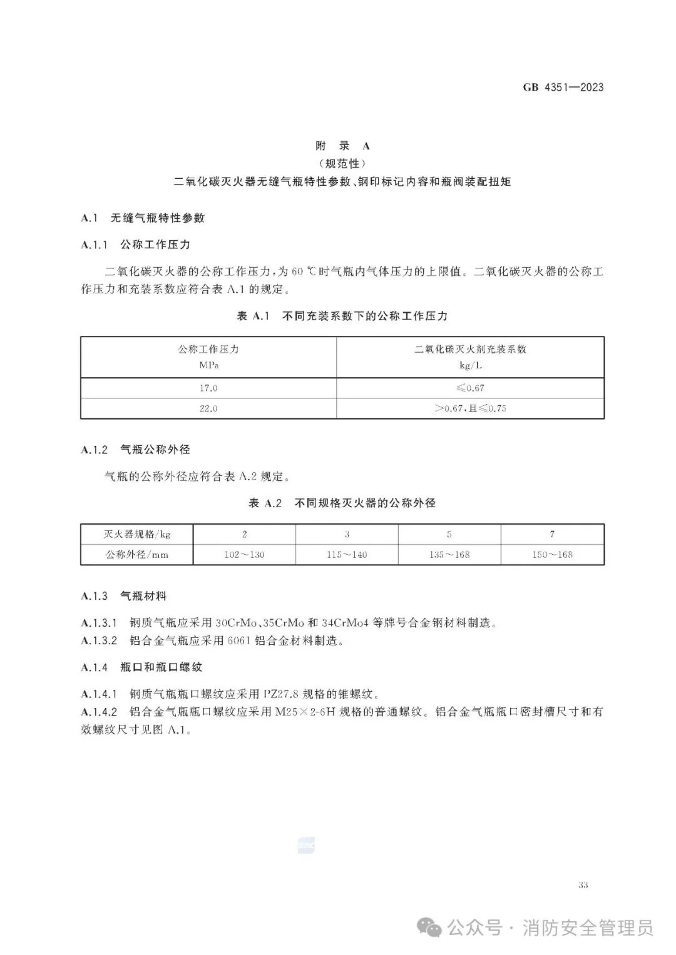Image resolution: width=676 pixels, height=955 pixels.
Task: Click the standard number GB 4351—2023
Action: point(563,88)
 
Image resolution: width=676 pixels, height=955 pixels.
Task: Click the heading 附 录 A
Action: point(342,146)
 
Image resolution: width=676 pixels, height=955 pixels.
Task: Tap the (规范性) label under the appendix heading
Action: point(342,164)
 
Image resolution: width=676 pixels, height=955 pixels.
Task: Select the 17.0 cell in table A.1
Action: point(208,388)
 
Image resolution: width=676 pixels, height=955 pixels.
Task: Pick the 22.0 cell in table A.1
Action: point(208,408)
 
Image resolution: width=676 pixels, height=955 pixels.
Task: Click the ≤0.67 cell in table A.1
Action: point(470,388)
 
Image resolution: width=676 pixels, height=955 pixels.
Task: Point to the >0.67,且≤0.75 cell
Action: point(470,408)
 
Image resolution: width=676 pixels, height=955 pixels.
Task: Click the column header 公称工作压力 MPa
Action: point(208,357)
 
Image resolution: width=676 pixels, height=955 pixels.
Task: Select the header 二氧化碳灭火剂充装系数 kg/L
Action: point(470,357)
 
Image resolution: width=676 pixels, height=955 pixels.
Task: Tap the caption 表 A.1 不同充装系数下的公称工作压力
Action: point(342,316)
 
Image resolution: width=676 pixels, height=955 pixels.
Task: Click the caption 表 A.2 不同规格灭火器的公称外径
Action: point(342,503)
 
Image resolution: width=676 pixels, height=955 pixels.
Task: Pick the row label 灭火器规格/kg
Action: point(137,534)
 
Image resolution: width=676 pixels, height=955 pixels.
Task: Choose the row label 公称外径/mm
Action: point(137,554)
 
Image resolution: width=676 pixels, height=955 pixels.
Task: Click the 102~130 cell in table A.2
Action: point(244,554)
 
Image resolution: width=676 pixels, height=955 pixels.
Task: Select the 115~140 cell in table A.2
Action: point(347,554)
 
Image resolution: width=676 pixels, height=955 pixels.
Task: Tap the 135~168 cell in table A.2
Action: point(449,554)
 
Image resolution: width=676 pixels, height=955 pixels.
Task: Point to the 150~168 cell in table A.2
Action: point(552,554)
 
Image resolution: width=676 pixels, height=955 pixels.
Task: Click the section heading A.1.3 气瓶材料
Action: point(124,597)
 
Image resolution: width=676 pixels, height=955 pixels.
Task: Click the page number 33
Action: point(583,885)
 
